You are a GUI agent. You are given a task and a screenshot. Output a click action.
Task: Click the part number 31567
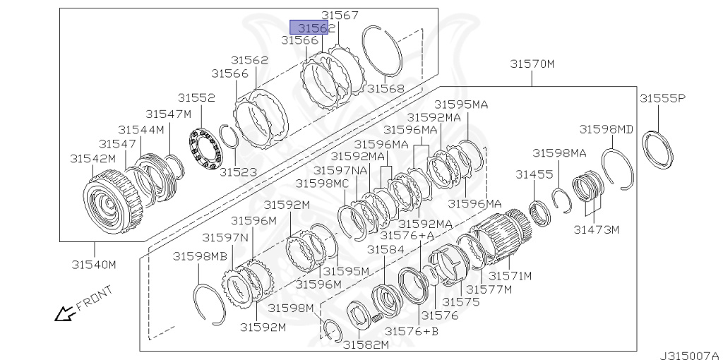(340, 15)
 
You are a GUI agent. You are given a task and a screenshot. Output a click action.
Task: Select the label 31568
(386, 89)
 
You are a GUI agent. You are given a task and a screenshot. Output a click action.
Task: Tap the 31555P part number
(662, 98)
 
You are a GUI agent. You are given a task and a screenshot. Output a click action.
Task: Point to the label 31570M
(532, 64)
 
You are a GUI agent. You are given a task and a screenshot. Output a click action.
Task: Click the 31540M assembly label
(93, 265)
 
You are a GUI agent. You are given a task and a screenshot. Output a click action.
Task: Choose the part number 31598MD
(607, 129)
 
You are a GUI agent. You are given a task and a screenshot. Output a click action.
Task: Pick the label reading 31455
(530, 174)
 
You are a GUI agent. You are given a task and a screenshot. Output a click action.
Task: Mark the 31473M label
(596, 229)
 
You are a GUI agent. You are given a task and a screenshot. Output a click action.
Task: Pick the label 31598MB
(201, 256)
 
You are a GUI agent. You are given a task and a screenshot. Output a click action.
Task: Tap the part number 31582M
(366, 344)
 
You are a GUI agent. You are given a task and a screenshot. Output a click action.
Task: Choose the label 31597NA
(340, 170)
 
